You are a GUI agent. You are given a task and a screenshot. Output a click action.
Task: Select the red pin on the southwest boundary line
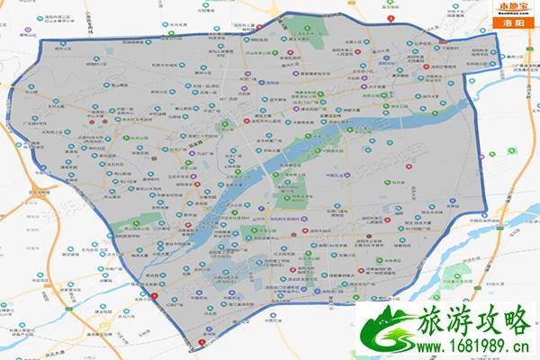154,297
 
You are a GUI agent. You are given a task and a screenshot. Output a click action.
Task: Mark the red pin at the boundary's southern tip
201,342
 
